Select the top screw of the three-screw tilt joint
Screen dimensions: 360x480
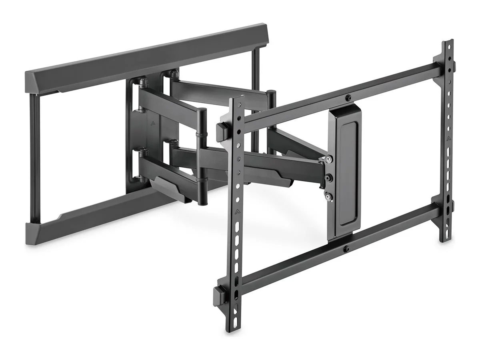point(328,159)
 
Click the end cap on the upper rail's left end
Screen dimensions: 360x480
point(221,130)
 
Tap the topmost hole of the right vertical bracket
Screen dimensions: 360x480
point(449,46)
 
